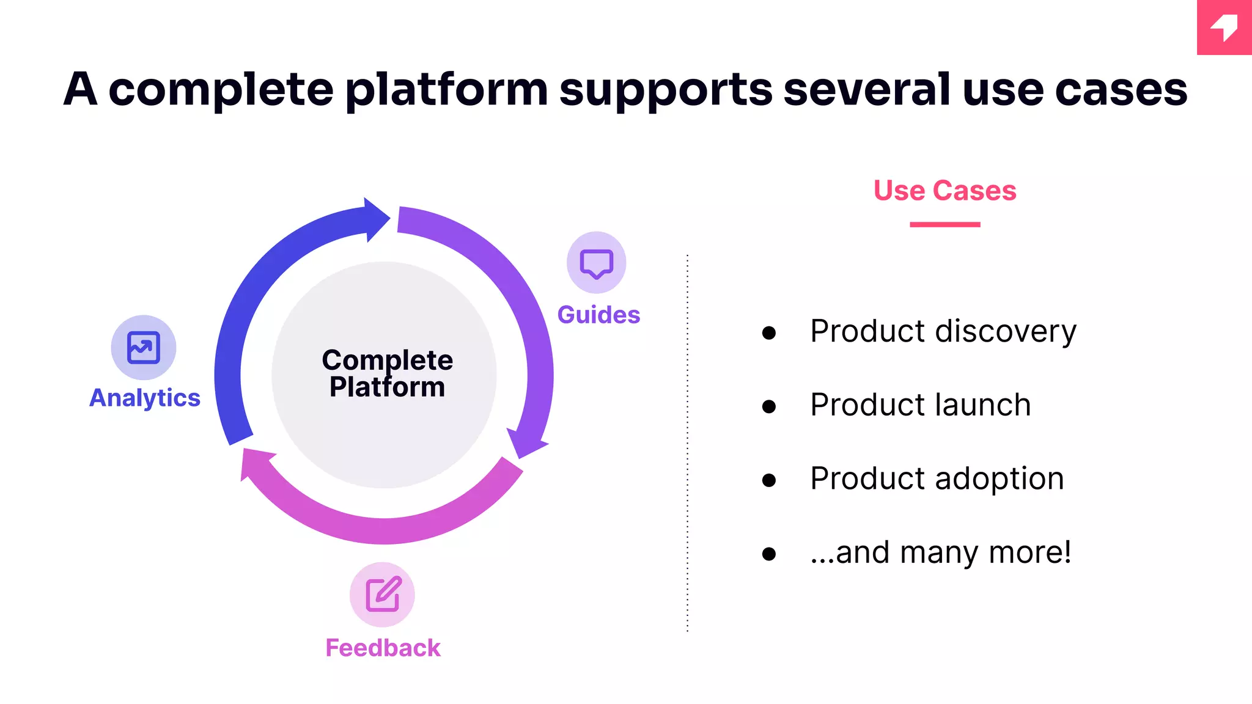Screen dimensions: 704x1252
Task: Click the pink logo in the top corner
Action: (1224, 28)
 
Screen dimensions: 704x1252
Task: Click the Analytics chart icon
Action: (144, 347)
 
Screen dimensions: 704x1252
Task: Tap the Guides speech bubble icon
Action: (596, 263)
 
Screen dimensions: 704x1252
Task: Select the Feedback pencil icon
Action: (383, 594)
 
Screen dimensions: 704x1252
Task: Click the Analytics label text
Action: (145, 398)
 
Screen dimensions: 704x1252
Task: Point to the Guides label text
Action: (598, 315)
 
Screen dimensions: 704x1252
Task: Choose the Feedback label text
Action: (383, 648)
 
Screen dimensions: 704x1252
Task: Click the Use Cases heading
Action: (945, 191)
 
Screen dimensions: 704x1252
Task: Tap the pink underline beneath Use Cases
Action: (945, 225)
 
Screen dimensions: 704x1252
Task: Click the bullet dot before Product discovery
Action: (769, 332)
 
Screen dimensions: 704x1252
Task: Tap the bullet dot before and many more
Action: (769, 554)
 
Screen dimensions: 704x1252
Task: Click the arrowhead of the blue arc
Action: (375, 219)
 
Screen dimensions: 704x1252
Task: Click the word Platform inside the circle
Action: (387, 387)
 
